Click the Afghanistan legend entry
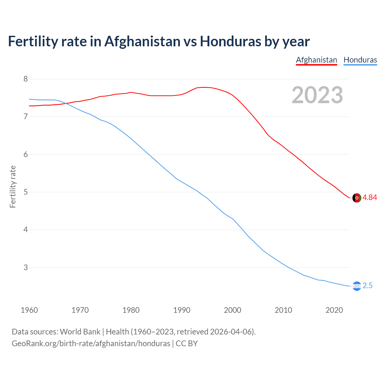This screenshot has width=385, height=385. (316, 60)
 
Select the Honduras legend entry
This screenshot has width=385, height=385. (360, 60)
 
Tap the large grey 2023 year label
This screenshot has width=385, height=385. (317, 95)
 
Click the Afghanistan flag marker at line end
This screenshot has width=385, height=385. (356, 198)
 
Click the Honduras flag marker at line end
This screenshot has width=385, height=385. (356, 286)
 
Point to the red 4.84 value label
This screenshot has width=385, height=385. (370, 198)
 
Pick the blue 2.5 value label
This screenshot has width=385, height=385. (368, 286)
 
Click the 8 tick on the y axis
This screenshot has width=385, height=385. (26, 79)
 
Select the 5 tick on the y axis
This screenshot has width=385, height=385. (26, 192)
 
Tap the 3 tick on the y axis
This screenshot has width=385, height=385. (26, 267)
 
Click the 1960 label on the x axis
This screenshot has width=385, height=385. (29, 310)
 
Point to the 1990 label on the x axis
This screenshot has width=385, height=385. (182, 310)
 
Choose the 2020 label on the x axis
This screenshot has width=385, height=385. (334, 310)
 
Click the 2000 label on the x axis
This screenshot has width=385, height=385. (233, 310)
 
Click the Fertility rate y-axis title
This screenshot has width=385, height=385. (13, 186)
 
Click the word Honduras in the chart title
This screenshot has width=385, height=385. (231, 42)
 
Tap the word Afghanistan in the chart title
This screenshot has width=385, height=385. (142, 42)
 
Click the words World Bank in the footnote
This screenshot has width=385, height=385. (80, 332)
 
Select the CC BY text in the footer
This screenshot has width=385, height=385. (187, 343)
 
